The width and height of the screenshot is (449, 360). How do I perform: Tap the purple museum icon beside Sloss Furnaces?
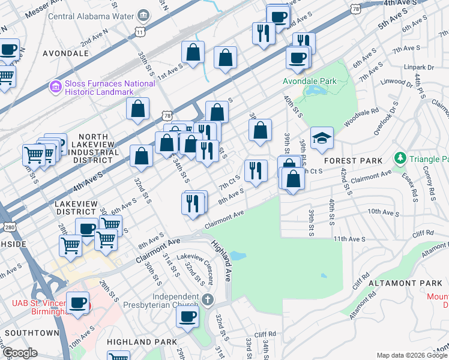pos(55,88)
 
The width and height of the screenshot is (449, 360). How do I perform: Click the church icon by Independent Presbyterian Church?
pos(207,299)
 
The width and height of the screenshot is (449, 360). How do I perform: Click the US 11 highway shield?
pos(140,30)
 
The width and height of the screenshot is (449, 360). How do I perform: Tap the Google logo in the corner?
pos(19,353)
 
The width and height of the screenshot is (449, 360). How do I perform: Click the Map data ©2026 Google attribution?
pos(412,355)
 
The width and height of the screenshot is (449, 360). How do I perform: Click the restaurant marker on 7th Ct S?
pos(256,171)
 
